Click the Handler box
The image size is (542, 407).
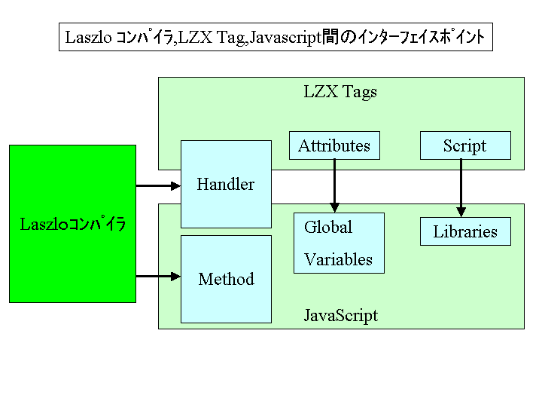click(x=226, y=184)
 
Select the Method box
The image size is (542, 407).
click(x=226, y=279)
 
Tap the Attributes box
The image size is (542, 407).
click(x=334, y=145)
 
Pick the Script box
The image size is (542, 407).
click(x=465, y=145)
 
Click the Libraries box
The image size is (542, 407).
click(x=465, y=231)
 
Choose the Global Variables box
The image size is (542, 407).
click(x=339, y=243)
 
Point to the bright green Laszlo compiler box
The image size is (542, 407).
click(x=72, y=224)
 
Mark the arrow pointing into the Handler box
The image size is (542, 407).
click(x=158, y=184)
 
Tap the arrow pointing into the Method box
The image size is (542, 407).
click(x=158, y=277)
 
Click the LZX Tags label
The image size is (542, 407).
click(x=340, y=92)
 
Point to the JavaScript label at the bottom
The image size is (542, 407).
click(x=340, y=315)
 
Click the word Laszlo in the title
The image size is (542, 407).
click(x=88, y=37)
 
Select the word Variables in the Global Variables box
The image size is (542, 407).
click(x=338, y=259)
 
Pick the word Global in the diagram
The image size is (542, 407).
click(x=328, y=227)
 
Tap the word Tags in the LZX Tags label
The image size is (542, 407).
click(x=360, y=92)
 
